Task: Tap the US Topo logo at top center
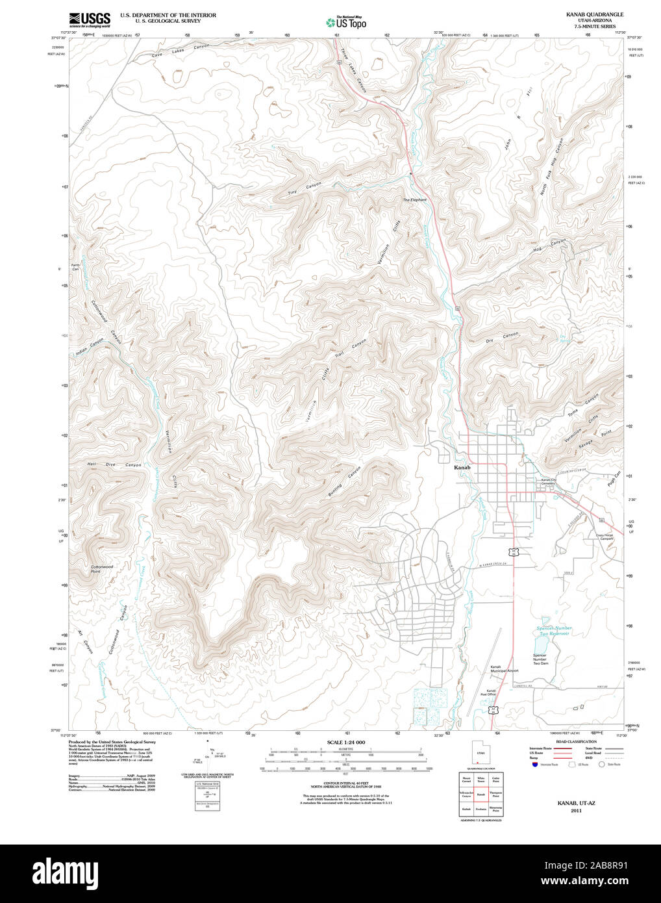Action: [346, 22]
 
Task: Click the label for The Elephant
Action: [414, 199]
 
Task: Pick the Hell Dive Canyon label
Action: [114, 465]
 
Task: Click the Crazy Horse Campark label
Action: [605, 537]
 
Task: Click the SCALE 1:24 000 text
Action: [346, 742]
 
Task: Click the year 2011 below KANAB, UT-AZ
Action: [576, 811]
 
